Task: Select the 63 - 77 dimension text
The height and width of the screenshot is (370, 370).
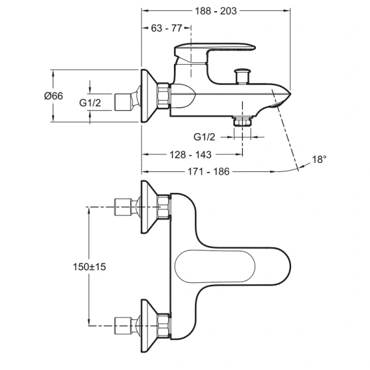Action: pos(166,28)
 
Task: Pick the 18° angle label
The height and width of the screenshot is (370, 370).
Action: pos(319,160)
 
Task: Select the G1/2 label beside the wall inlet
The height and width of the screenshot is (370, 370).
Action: pos(90,102)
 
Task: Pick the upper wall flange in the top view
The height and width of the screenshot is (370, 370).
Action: pos(150,207)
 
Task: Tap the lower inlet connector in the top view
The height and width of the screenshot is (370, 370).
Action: pos(126,323)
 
